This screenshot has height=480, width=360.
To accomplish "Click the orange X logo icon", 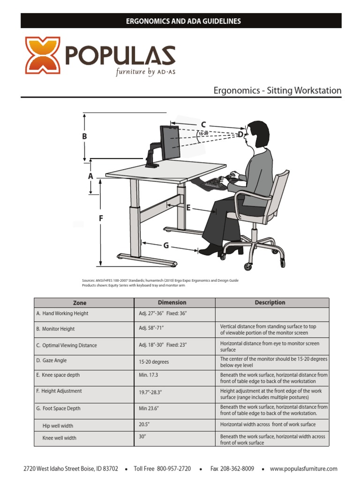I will [42, 56].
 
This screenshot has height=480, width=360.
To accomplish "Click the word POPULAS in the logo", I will [120, 56].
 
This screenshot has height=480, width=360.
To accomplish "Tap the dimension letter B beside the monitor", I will [85, 136].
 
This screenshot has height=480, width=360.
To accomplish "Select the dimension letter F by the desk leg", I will [101, 218].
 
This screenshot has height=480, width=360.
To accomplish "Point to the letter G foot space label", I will [166, 246].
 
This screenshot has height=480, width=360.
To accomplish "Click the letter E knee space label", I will [188, 208].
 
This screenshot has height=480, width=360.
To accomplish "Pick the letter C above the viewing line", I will [203, 124].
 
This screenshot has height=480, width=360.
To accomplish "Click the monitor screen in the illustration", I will [171, 142].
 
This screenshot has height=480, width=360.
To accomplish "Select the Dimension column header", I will [172, 303].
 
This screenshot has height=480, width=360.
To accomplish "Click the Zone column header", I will [80, 303].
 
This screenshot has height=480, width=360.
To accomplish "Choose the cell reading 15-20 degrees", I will [154, 362].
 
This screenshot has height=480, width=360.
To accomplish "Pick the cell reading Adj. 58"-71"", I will [152, 329].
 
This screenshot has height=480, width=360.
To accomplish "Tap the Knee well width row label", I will [60, 438].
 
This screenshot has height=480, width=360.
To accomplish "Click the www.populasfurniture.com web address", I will [304, 469].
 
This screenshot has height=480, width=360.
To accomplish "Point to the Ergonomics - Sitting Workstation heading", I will [277, 90].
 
